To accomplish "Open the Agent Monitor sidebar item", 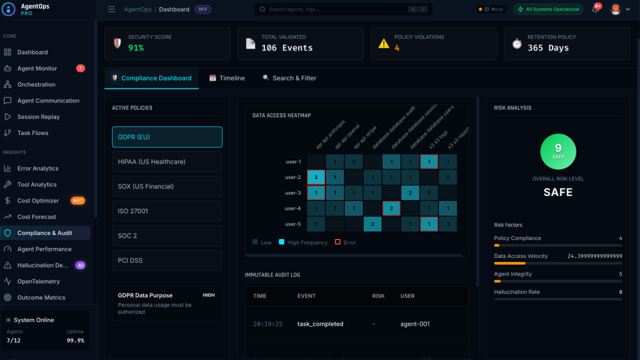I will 37,68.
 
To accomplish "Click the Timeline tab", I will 227,78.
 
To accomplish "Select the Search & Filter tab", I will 289,78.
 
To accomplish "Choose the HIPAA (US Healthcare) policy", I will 167,161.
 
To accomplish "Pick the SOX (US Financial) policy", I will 167,186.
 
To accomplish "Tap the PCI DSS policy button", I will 167,260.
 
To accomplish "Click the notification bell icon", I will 595,9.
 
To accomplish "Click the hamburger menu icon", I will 111,9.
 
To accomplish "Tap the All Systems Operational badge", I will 548,9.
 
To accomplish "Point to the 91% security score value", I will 136,48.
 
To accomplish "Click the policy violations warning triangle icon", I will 383,43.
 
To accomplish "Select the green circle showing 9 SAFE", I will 558,151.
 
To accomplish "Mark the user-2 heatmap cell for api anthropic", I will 316,177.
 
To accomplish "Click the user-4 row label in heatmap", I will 293,208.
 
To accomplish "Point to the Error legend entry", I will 345,242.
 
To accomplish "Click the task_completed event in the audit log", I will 320,324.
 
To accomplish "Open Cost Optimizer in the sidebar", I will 38,200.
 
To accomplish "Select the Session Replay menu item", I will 38,117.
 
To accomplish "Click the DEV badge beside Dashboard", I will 202,9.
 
